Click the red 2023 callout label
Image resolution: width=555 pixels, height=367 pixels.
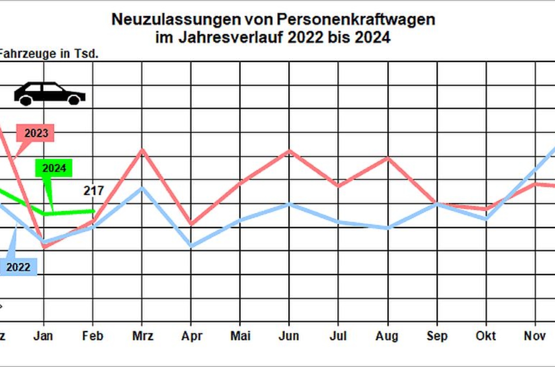point(35,133)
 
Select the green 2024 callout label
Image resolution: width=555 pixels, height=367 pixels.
point(54,168)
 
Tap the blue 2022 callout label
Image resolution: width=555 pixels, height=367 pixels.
point(18,267)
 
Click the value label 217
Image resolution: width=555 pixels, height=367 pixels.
point(93,191)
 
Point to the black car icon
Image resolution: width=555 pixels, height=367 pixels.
point(50,94)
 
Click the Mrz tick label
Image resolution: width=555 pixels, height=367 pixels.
point(143,336)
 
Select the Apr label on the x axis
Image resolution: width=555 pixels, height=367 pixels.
point(192,336)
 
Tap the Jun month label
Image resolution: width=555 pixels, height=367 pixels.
point(289,336)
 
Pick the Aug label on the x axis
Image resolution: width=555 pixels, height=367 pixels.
point(387,336)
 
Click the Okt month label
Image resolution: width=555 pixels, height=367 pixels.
point(485,336)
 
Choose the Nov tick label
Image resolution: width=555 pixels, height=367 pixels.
point(534,336)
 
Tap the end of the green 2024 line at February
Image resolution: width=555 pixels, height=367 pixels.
point(94,211)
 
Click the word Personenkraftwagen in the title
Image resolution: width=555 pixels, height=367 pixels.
point(356,19)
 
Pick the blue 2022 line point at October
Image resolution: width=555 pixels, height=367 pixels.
point(486,218)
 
